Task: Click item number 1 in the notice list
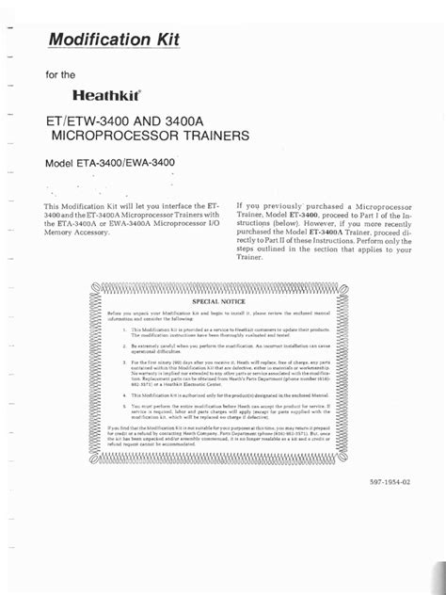(124, 330)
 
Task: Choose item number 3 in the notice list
(124, 362)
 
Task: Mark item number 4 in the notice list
(124, 395)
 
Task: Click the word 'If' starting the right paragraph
(240, 204)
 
